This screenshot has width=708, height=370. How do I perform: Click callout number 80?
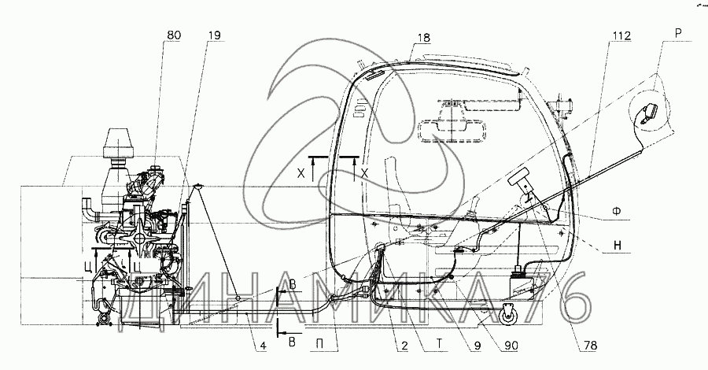(x=173, y=35)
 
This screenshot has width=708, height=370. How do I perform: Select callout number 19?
(x=216, y=35)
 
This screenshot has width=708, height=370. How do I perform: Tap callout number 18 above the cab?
(x=423, y=38)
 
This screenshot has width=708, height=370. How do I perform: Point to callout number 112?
(x=621, y=35)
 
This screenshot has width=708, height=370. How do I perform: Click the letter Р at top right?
(x=678, y=32)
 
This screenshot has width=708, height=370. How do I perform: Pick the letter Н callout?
(x=618, y=246)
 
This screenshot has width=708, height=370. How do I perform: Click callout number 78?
(x=590, y=346)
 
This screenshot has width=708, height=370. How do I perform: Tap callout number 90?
(x=511, y=346)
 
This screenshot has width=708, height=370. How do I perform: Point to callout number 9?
(x=478, y=346)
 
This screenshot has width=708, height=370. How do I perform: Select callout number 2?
(x=404, y=346)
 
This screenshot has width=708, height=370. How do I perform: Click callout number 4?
(x=263, y=346)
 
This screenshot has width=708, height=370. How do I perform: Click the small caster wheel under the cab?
(x=507, y=314)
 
